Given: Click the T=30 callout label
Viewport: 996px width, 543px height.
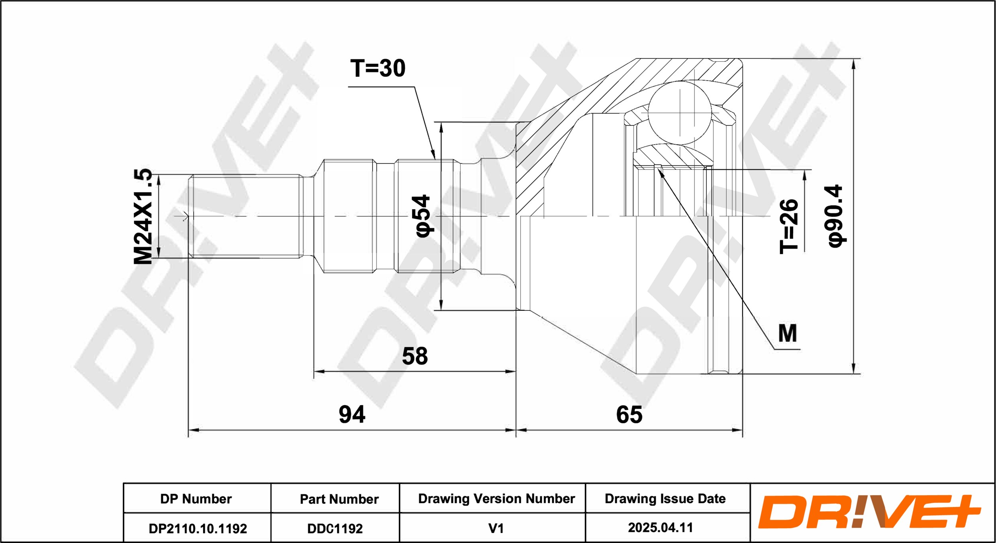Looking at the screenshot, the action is point(378,69).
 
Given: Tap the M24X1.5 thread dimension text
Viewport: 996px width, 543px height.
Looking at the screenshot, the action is point(143,216).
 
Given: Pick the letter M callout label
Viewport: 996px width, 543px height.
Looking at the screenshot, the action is point(788,333).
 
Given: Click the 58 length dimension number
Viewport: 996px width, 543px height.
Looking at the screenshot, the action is point(415,356).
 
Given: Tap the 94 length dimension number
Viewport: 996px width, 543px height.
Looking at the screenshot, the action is point(352,415).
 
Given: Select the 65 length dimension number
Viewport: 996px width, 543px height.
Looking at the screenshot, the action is point(629,415).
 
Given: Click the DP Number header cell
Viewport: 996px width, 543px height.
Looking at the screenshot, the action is point(196,499).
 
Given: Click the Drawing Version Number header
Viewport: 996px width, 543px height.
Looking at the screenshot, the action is point(496,499).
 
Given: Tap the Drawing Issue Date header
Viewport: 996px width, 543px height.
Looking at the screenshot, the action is point(665,499).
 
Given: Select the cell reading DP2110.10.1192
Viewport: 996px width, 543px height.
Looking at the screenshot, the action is point(198,529).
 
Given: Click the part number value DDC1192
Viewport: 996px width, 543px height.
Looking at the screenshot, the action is point(335,529).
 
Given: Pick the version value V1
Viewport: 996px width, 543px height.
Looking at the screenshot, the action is point(496,528).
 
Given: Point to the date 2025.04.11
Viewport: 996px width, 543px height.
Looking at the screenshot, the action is point(661,528).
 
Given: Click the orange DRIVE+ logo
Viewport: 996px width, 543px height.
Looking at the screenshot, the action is point(869,512).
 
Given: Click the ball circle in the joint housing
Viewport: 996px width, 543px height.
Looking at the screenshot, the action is point(680,113).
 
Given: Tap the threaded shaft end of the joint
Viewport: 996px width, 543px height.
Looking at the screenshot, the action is point(245,216).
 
